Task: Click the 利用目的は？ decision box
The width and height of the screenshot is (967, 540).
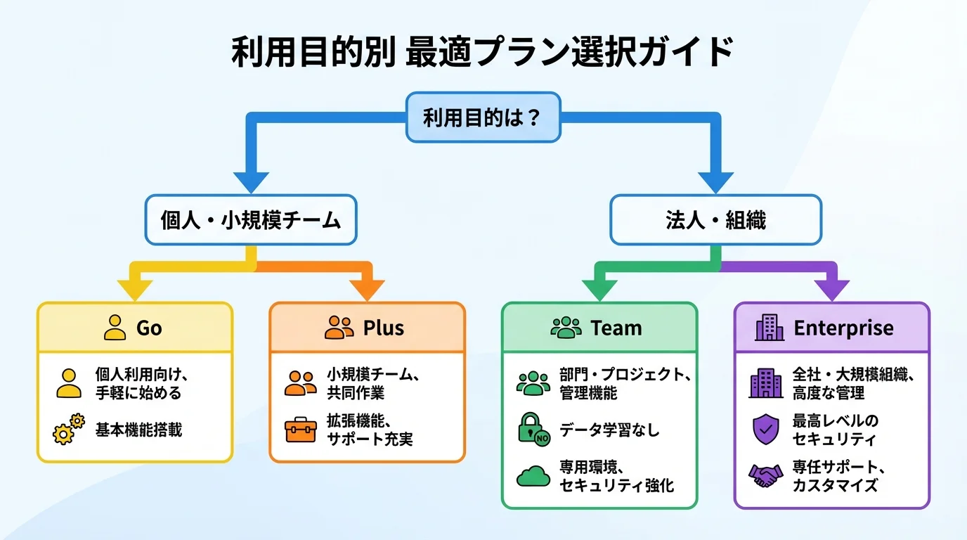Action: click(x=483, y=117)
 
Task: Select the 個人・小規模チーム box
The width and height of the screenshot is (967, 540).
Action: click(x=251, y=220)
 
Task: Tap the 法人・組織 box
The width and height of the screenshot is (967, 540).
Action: click(x=715, y=220)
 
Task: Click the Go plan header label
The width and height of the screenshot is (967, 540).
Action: click(x=149, y=328)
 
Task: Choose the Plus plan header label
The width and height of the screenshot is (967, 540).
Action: click(x=383, y=328)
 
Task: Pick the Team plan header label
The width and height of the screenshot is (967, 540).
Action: click(x=616, y=328)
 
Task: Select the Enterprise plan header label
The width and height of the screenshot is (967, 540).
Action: click(x=843, y=328)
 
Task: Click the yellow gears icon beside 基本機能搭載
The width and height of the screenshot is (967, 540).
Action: click(x=69, y=429)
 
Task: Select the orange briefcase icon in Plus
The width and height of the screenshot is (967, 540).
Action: click(x=301, y=430)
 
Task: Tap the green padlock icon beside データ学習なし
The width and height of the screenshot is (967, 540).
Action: click(x=533, y=429)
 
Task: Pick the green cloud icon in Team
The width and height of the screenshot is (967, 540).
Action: click(x=533, y=476)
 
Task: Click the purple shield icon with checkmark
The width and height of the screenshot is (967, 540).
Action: click(x=765, y=430)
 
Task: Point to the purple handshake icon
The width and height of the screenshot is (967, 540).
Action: click(x=765, y=476)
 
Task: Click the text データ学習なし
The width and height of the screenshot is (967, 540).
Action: click(x=609, y=430)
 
